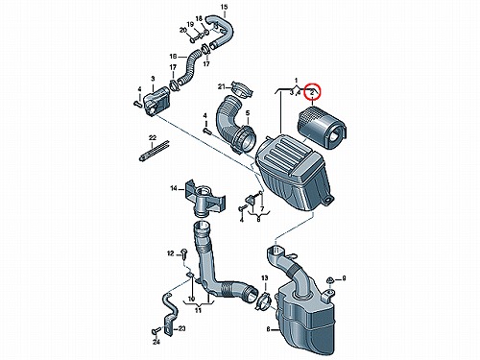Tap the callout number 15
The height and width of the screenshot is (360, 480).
224,7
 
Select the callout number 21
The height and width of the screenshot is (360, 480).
222,86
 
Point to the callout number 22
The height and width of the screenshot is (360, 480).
153,138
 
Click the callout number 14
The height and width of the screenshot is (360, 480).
174,188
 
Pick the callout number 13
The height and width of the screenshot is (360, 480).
265,278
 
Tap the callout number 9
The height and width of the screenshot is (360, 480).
344,278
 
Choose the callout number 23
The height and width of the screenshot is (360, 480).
181,328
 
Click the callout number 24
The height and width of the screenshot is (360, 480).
156,343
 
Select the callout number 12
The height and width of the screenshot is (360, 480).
170,253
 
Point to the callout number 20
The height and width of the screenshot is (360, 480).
183,30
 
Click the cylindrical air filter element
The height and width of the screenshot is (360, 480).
322,129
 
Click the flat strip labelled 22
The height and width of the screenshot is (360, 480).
155,151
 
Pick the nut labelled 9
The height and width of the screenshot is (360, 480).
329,280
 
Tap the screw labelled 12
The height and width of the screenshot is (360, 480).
184,253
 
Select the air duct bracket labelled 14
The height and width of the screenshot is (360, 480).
204,198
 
